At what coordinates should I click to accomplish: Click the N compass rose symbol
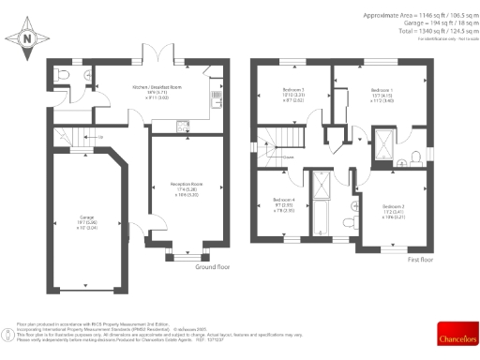pos(26,37)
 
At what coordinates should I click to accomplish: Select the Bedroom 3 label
pos(294,92)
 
